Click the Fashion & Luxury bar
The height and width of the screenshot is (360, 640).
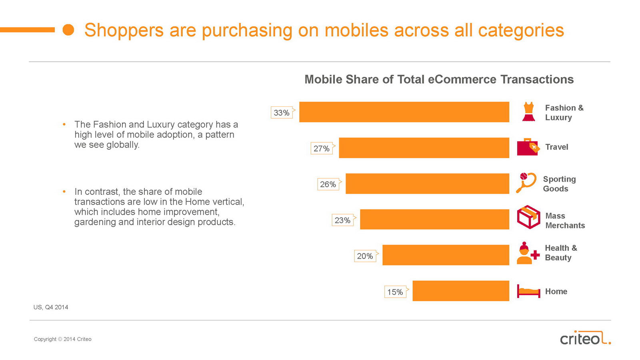tap(404, 112)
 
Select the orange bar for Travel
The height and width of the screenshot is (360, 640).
tap(424, 148)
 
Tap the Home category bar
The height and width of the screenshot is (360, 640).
tap(461, 291)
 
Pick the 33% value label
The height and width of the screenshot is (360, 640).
tap(282, 113)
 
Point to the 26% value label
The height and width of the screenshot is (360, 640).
tap(328, 184)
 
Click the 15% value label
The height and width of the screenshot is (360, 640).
tap(395, 292)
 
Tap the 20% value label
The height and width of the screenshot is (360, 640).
tap(365, 256)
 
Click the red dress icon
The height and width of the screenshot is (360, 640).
tap(528, 112)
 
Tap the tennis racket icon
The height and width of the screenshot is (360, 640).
tap(526, 182)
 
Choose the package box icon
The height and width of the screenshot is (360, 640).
tap(528, 217)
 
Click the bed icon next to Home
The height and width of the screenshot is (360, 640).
tap(528, 291)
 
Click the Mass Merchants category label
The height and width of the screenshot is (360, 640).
tap(565, 220)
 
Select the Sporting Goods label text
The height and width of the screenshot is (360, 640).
tap(559, 184)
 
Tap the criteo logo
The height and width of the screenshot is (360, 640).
tap(585, 338)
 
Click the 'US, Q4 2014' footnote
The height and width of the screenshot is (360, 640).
tap(51, 307)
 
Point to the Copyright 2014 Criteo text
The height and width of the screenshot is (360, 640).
tap(63, 339)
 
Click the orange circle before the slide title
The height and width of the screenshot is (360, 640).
tap(68, 30)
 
